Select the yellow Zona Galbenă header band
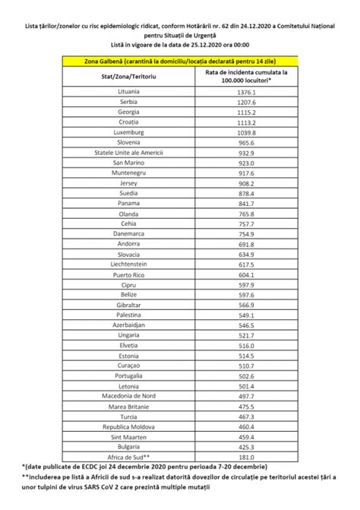[180, 61]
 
